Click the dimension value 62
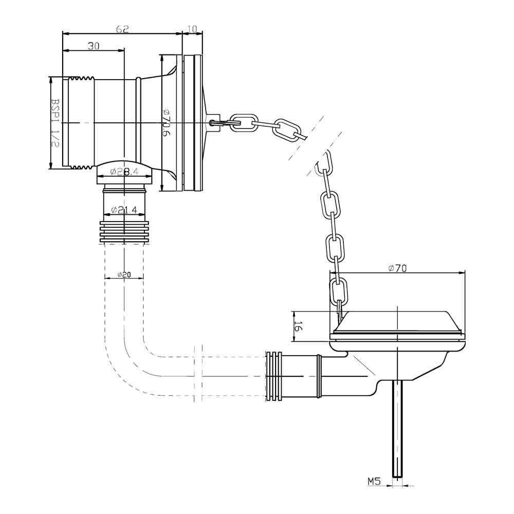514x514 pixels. (x=122, y=29)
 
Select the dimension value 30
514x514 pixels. (x=93, y=46)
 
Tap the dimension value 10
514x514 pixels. (x=193, y=29)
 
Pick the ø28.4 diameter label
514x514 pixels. (x=124, y=172)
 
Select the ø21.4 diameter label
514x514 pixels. (x=124, y=210)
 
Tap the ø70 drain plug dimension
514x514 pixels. (x=397, y=268)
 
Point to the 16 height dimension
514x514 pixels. (x=297, y=326)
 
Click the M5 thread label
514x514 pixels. (x=374, y=482)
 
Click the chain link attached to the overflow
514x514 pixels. (x=243, y=122)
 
